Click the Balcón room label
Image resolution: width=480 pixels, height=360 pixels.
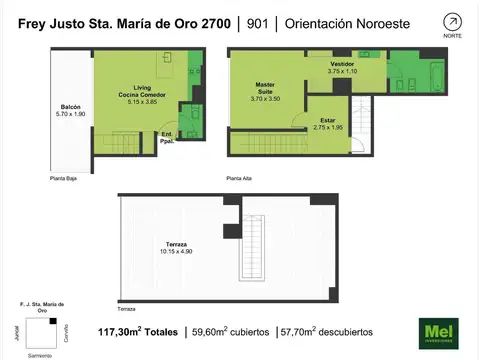tap(70, 109)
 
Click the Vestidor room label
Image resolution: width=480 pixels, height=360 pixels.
tap(343, 68)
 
